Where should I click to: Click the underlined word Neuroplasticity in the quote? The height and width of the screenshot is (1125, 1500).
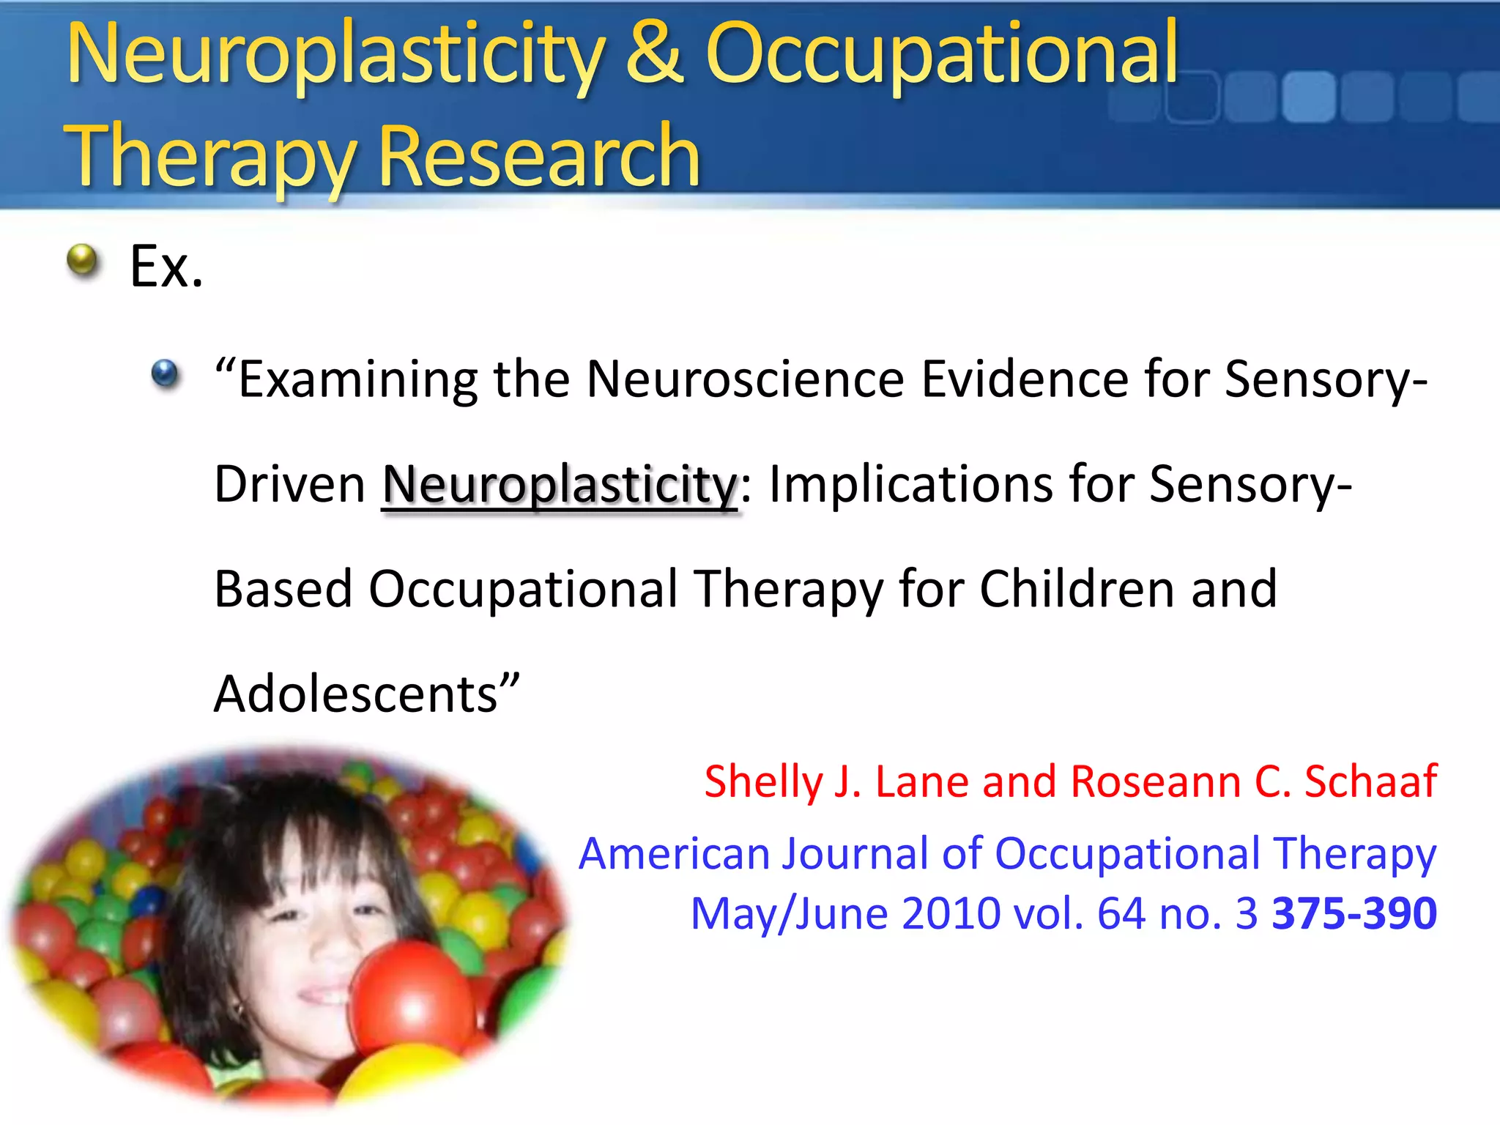click(560, 485)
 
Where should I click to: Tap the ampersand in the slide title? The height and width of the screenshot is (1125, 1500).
click(654, 53)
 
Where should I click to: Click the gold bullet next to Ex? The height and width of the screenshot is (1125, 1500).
click(82, 260)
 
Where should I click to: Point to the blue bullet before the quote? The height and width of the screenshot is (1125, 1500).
click(165, 374)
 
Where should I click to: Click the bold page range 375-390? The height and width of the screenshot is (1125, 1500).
click(1354, 913)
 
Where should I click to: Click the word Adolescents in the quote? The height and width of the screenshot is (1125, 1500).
click(356, 694)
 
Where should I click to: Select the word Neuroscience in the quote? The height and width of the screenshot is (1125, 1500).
click(745, 379)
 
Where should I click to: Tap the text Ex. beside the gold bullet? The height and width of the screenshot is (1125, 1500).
click(166, 267)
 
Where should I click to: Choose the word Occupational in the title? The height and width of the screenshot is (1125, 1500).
click(941, 53)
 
